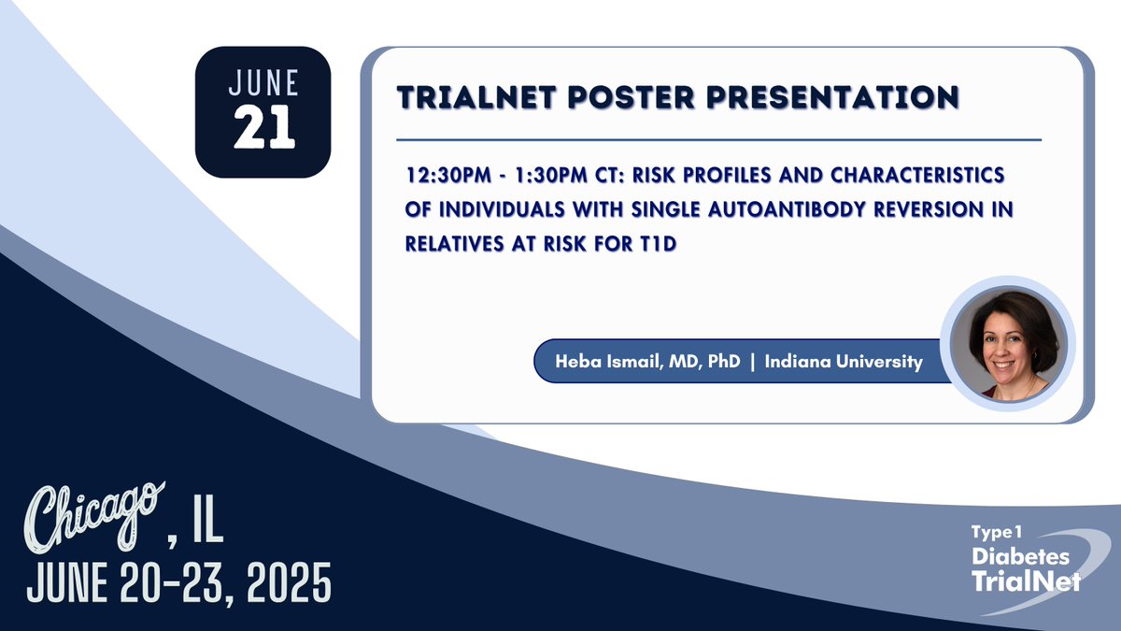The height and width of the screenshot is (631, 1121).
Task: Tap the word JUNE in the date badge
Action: [264, 84]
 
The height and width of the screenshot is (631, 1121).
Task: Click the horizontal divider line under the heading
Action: [719, 140]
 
